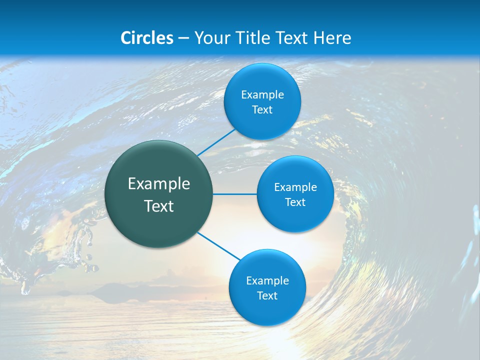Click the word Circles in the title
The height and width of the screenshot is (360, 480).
[147, 38]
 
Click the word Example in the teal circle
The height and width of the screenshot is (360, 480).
[159, 184]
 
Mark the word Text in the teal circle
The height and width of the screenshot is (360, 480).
[159, 206]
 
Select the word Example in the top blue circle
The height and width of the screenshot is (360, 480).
[262, 95]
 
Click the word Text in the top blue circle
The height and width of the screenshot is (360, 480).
[262, 110]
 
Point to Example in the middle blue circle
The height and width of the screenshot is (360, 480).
[295, 187]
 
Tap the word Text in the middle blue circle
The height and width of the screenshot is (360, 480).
[295, 202]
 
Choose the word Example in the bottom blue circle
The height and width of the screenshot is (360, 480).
[267, 281]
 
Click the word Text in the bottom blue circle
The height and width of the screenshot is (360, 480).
[267, 296]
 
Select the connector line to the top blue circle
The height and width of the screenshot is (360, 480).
[216, 142]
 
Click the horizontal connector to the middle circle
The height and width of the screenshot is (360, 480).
[235, 194]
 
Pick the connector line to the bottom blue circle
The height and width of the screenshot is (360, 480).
[219, 246]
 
